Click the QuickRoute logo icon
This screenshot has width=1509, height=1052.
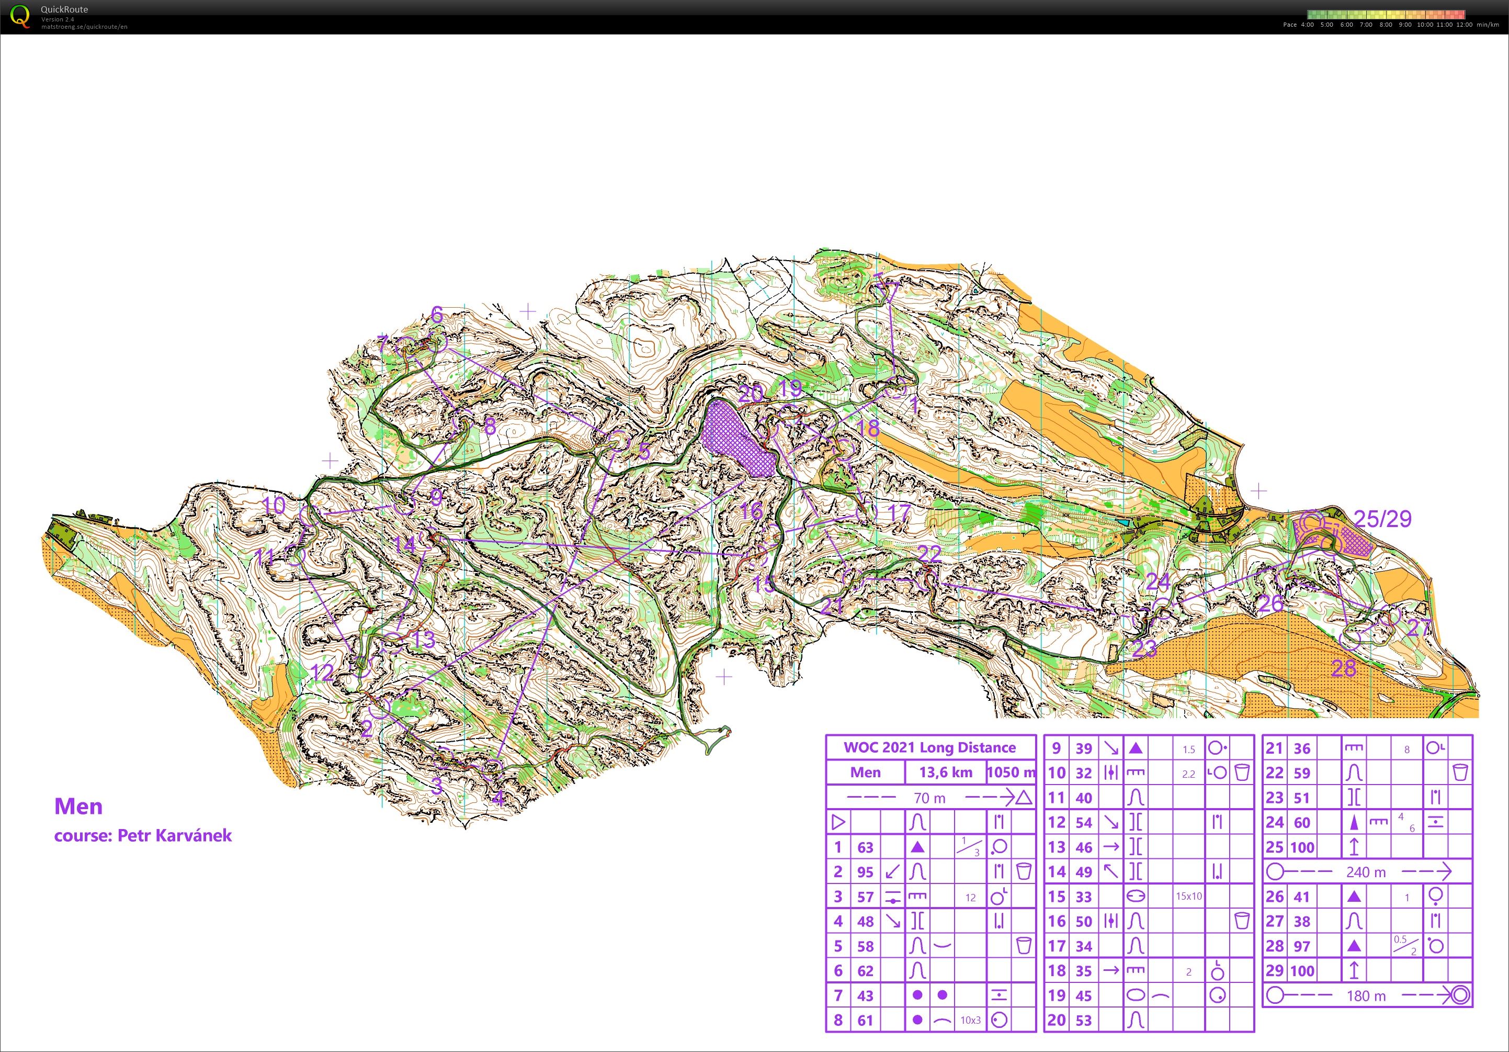point(20,16)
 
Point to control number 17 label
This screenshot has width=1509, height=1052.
point(899,512)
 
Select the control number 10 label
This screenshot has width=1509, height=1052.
point(274,505)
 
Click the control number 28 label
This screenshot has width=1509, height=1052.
point(1343,669)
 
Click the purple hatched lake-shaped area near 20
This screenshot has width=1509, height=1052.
point(738,439)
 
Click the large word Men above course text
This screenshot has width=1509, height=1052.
point(78,806)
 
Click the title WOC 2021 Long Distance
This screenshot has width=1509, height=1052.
point(929,747)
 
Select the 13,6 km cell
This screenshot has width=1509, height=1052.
point(945,773)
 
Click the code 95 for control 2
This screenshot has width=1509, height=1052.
point(865,872)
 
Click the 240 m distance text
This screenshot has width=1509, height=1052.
point(1366,872)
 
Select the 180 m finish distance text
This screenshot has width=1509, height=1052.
point(1366,996)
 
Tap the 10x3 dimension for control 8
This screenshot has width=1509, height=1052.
point(970,1021)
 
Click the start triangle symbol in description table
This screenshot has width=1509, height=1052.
point(838,822)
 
